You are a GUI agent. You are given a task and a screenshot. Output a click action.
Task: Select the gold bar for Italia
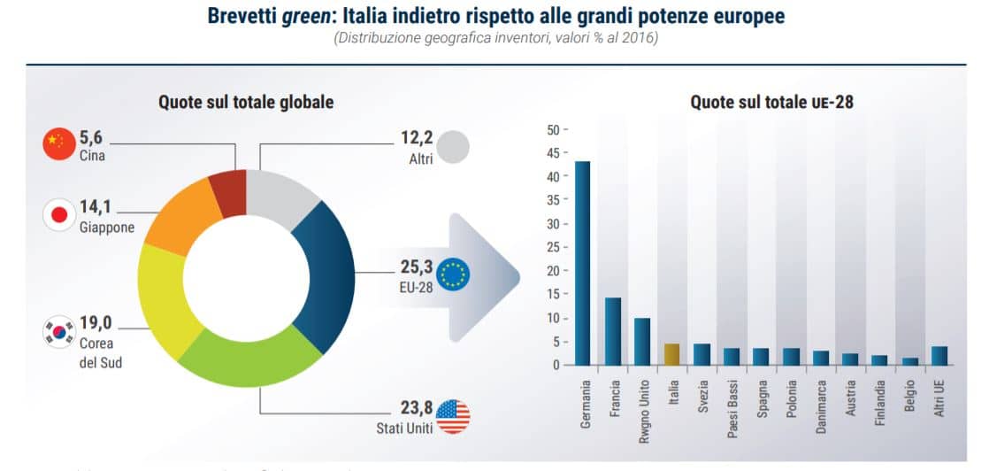672,354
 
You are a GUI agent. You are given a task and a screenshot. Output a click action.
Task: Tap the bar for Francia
612,331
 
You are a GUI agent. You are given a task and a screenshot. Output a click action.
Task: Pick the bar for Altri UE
939,355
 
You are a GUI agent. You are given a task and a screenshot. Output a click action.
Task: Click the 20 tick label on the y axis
554,271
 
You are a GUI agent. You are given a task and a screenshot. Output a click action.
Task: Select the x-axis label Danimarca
821,403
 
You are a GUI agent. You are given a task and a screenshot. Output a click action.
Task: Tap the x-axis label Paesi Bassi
732,406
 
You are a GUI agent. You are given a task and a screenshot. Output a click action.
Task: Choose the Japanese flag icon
58,214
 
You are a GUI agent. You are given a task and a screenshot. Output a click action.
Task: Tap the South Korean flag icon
58,331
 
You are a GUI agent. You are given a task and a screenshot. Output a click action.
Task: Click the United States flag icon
453,416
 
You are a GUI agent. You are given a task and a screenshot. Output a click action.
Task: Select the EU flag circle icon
453,274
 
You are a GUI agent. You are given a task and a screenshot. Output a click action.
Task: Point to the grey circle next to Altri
453,147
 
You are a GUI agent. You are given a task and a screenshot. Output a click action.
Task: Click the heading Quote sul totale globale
246,102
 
